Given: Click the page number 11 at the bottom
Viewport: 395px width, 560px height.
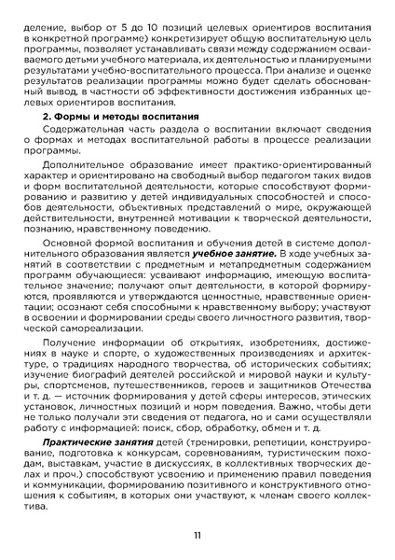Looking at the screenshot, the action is [x=197, y=535].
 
